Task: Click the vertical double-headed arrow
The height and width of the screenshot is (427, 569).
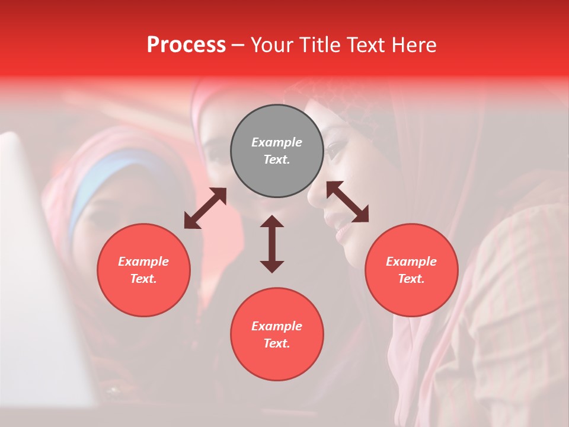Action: coord(272,244)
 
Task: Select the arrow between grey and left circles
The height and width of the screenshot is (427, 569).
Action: coord(205,208)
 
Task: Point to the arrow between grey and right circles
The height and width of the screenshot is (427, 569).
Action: coord(347,202)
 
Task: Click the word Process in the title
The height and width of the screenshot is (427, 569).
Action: coord(186,45)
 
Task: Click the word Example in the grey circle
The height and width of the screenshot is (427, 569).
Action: coord(277,142)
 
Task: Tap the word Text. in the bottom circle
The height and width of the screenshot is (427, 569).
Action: coord(277,343)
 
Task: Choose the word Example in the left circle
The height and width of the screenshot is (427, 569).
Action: coord(143,262)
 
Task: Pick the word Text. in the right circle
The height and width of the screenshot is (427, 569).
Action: coord(411,279)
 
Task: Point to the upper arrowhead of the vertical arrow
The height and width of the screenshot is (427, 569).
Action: coord(272,222)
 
